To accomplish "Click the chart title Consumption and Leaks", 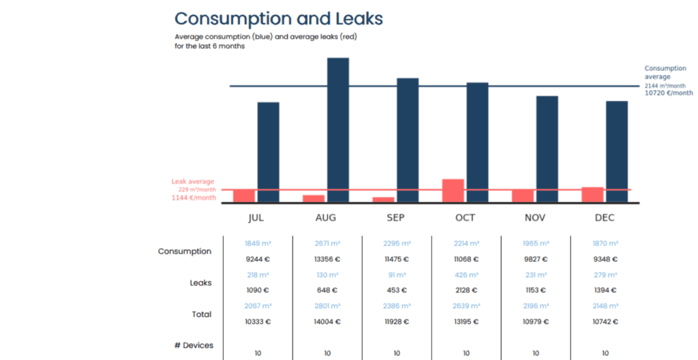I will tap(278, 18).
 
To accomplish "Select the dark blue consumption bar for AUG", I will tap(338, 130).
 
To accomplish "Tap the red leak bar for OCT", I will tap(453, 190).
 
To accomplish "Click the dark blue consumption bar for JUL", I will tap(268, 151).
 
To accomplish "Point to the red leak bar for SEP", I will tap(383, 199).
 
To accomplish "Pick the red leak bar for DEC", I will tap(592, 194).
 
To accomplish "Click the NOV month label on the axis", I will tap(535, 218).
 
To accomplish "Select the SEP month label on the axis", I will tap(395, 218).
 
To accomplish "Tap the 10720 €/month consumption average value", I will tap(669, 93).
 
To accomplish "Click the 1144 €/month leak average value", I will tap(194, 198).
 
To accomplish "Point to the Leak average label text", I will tap(192, 181).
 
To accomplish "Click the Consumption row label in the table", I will tap(185, 252).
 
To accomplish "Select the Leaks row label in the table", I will tap(200, 282).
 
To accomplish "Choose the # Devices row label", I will tap(194, 346).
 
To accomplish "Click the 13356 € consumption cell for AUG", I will tap(327, 259).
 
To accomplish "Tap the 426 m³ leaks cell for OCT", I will tap(466, 275).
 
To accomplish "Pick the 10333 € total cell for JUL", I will tap(258, 322).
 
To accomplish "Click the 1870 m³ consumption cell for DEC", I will tap(605, 243).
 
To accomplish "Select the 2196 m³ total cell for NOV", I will tap(536, 306).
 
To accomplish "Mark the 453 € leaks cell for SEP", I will tap(397, 290).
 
